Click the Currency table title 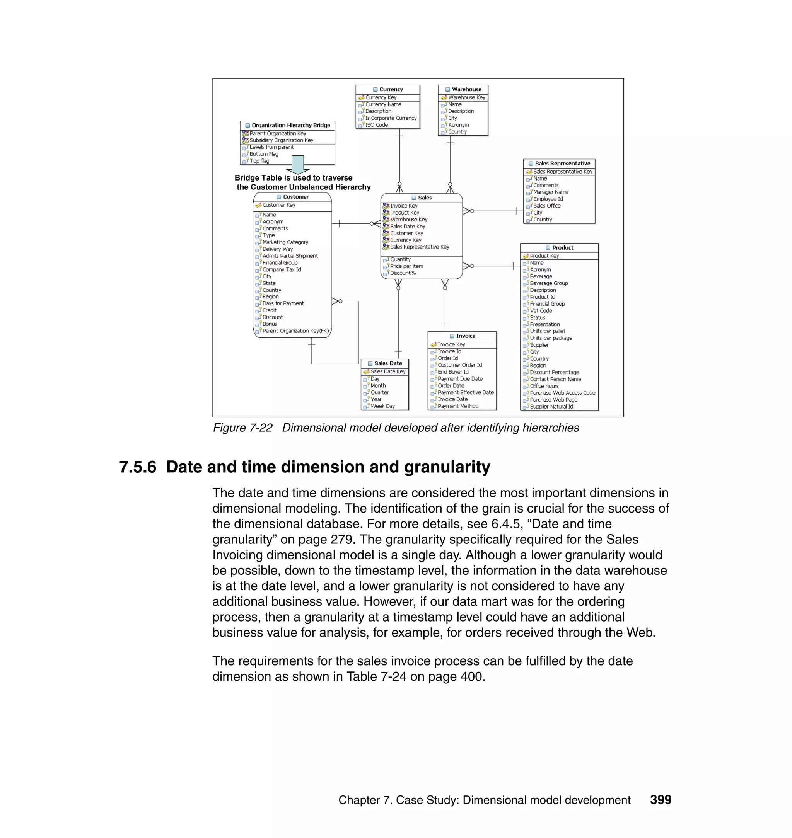(391, 89)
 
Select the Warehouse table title (466, 89)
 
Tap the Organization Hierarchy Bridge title (290, 125)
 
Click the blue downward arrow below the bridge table (298, 165)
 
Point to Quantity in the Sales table (400, 259)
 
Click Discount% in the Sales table (402, 273)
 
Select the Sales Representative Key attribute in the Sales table (419, 247)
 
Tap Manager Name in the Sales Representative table (551, 192)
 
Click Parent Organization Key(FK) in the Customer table (295, 331)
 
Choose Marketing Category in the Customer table (285, 242)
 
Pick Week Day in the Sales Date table (382, 406)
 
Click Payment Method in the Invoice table (457, 406)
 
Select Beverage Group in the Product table (548, 283)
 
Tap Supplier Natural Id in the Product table (551, 406)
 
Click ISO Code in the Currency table (376, 125)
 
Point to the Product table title (562, 248)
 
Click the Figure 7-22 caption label (242, 428)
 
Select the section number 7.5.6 (138, 467)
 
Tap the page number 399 (660, 800)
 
